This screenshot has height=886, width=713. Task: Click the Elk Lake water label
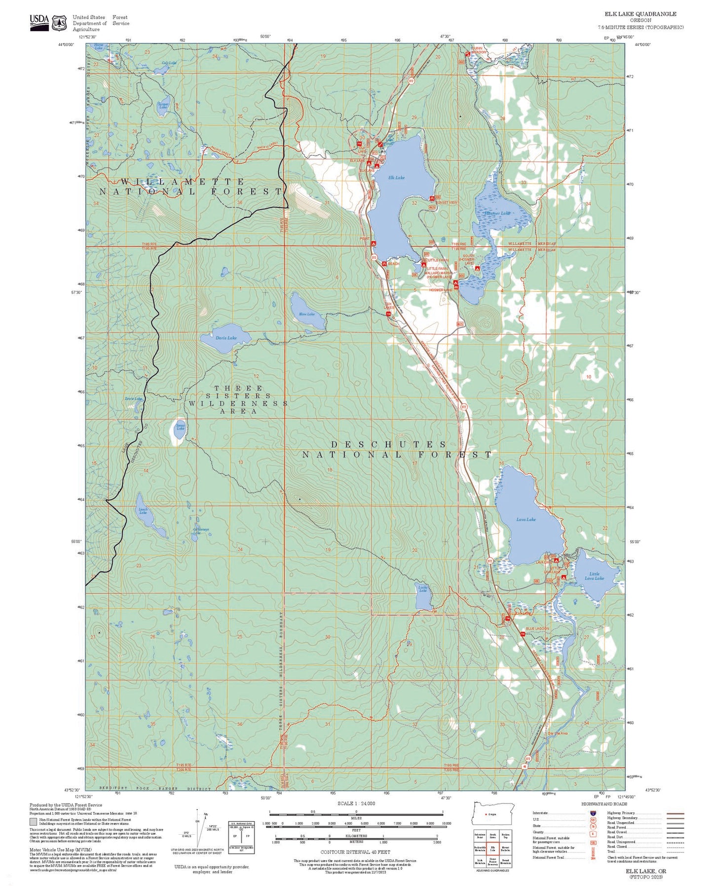396,178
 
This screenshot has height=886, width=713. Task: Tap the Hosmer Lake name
497,213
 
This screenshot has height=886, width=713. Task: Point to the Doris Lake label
226,338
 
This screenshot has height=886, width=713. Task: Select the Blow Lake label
307,314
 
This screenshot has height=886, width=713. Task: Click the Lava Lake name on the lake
526,520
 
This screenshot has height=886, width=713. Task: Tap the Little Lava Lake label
594,576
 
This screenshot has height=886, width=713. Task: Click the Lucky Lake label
423,589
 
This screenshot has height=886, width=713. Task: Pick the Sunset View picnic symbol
432,199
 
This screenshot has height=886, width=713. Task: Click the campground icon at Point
374,243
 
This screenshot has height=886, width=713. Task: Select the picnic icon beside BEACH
384,264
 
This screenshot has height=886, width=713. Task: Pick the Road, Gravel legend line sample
675,832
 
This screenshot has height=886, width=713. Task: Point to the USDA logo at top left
39,22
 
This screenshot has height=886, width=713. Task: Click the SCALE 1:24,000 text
356,804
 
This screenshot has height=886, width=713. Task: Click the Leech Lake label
143,511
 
